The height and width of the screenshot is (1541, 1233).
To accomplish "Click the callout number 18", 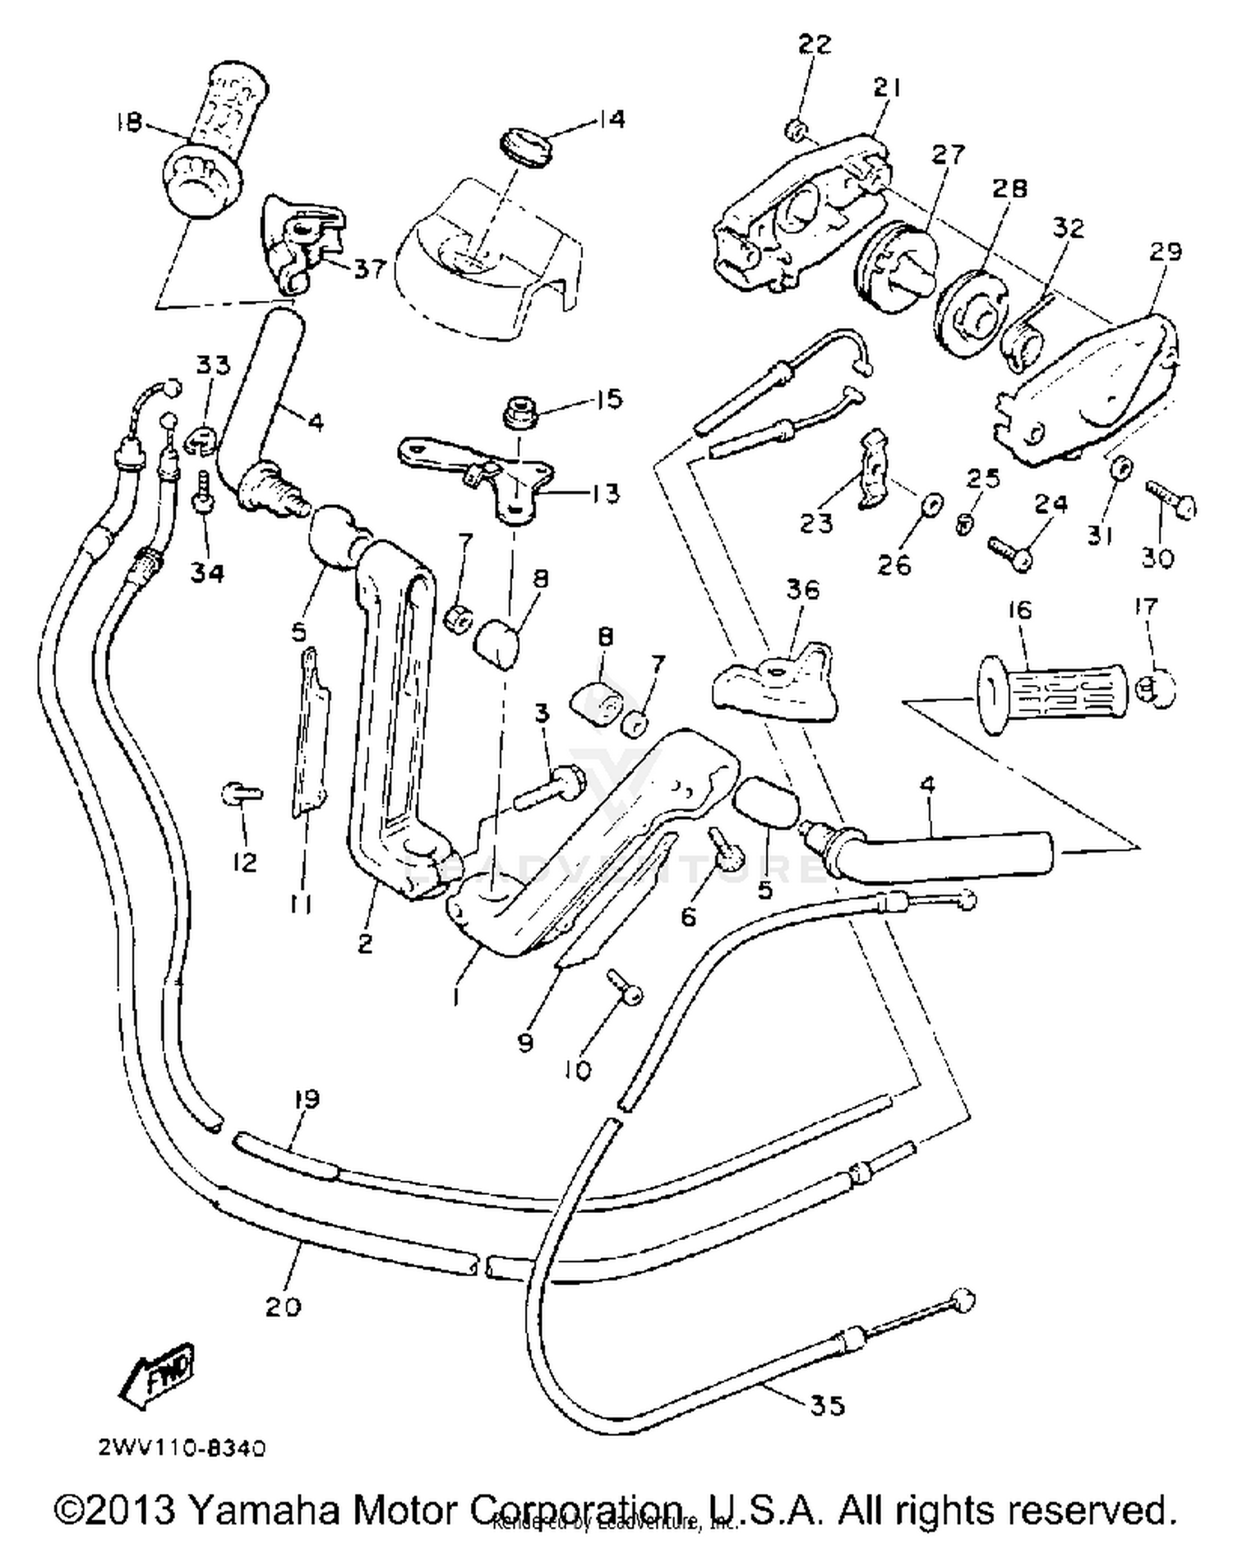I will click(x=130, y=122).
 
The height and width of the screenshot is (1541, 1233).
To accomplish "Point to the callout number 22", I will click(x=815, y=44).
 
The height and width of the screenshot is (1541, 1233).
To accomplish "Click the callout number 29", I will click(x=1166, y=252).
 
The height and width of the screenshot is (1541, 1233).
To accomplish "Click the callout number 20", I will click(x=284, y=1305).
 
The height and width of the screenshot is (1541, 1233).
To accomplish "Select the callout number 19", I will click(x=306, y=1099).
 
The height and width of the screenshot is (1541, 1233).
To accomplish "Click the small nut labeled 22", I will click(x=795, y=129).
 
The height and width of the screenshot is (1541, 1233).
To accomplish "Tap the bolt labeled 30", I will click(x=1171, y=499).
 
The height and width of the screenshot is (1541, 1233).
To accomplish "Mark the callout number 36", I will click(x=803, y=590).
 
